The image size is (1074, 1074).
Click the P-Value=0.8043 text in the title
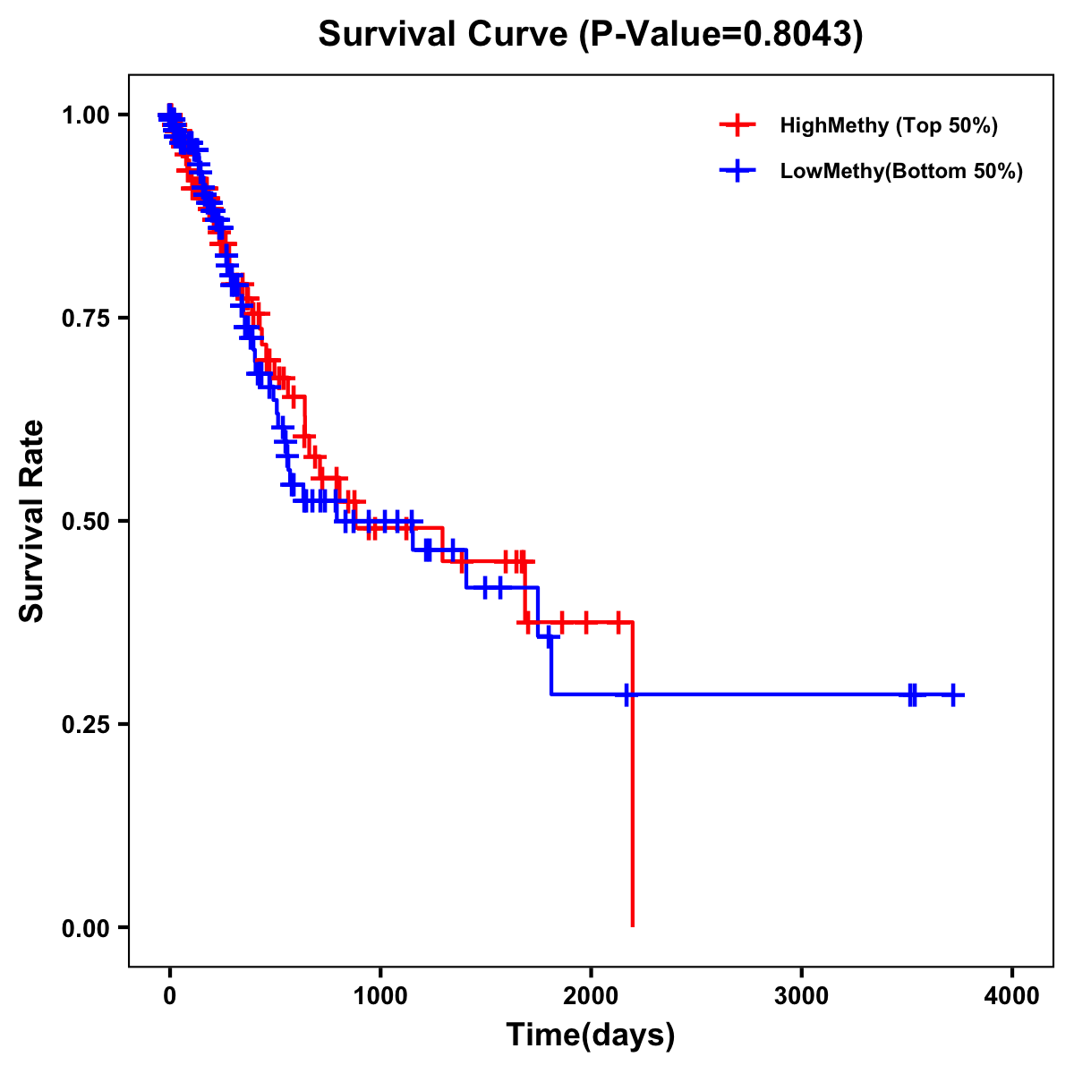[720, 35]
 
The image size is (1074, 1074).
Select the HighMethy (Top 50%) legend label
[888, 125]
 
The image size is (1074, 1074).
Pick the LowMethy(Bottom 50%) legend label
[900, 171]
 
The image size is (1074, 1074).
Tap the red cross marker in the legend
[737, 125]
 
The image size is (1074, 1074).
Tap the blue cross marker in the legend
[737, 171]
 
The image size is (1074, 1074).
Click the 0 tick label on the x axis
[170, 996]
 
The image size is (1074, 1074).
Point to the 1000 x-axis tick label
[380, 996]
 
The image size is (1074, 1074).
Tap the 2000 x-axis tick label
[591, 996]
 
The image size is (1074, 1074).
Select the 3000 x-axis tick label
[801, 996]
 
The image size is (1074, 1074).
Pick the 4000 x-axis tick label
[1012, 996]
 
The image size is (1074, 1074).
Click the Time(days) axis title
[591, 1036]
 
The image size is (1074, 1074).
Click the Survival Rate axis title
[32, 521]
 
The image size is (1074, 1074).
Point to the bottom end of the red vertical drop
[632, 925]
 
